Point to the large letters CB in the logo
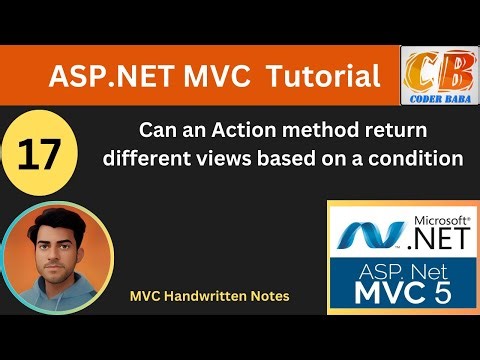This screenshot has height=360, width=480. click(439, 71)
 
